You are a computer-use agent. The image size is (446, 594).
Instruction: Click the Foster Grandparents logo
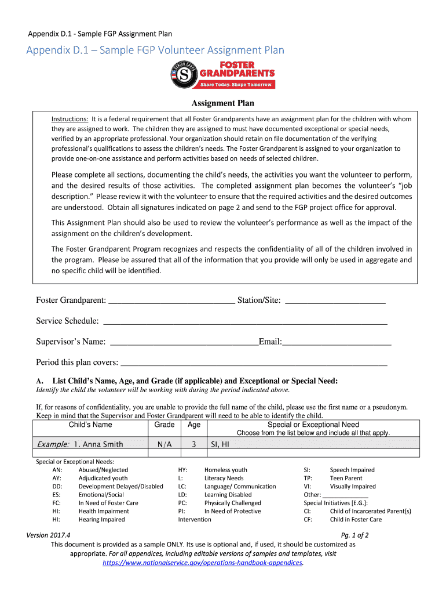(223, 75)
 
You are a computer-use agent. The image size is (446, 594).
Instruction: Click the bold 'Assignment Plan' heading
(223, 104)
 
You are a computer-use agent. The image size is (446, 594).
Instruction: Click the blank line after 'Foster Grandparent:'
(171, 300)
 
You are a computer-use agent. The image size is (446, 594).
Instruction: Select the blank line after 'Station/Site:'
(335, 300)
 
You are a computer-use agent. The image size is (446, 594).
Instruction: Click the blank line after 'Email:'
(337, 342)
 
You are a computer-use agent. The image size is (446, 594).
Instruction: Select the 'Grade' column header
(164, 425)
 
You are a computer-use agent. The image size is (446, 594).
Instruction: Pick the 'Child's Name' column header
(90, 425)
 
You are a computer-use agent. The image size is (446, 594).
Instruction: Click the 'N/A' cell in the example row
(164, 444)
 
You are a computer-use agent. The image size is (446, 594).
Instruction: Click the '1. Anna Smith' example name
(98, 444)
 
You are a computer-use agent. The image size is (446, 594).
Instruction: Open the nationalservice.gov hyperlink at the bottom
(203, 563)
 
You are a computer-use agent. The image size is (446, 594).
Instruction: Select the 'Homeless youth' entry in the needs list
(225, 470)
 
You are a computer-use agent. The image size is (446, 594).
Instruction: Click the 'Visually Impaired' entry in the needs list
(352, 487)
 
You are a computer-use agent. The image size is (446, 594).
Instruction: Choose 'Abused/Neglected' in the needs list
(103, 470)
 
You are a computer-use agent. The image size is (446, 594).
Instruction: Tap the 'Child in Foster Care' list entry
(356, 520)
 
